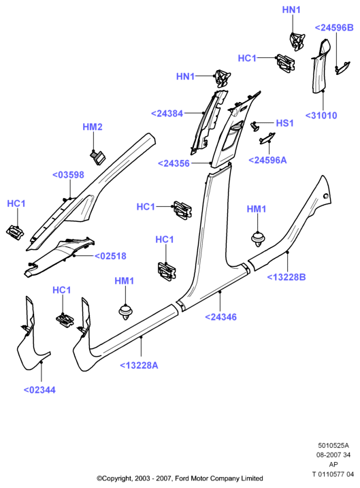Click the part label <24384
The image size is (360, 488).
167,114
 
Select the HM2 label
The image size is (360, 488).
93,127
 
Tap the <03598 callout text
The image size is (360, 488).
68,175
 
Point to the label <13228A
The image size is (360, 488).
139,365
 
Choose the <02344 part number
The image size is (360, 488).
39,390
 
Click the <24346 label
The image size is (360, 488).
221,317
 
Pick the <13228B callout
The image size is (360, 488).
287,277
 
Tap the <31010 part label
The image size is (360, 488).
321,116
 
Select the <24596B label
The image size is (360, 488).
335,28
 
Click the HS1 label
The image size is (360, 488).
284,123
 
